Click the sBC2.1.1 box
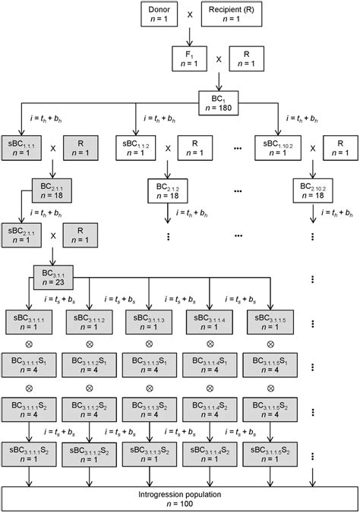tap(24, 231)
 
